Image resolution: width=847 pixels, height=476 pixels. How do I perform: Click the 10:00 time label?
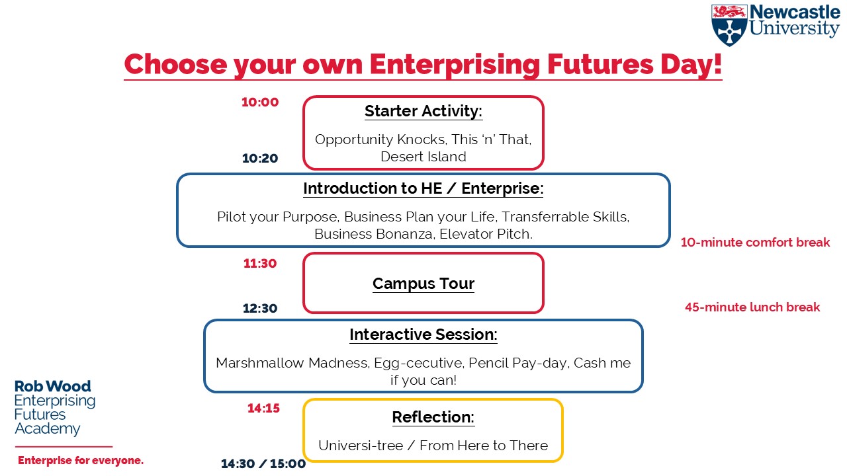[260, 102]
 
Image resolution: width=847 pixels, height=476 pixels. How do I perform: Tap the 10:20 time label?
[260, 158]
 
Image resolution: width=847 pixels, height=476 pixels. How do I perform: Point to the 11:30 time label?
[260, 263]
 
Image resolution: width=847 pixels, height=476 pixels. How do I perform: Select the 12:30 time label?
[260, 308]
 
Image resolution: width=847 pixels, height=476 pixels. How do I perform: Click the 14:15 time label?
[263, 408]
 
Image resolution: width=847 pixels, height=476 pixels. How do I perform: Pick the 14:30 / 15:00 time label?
[263, 463]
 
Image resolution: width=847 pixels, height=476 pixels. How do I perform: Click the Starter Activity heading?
[423, 112]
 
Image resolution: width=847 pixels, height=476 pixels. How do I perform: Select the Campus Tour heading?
[423, 284]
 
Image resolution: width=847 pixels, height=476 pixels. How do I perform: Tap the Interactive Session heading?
[423, 335]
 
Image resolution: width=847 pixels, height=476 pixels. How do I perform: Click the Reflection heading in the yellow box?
[433, 417]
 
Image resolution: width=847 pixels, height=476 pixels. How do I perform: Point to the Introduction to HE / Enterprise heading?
[423, 188]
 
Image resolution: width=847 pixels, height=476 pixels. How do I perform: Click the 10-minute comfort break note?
[756, 242]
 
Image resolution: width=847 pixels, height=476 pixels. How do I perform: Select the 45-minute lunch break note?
[752, 307]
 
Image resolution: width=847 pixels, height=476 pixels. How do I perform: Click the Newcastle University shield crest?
[729, 25]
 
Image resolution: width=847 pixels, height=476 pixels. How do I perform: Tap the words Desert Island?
[423, 157]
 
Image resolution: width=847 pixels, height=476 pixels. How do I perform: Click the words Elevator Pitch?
[486, 234]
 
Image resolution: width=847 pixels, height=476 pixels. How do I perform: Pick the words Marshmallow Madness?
[292, 363]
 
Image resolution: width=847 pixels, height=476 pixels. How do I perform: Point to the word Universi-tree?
[361, 446]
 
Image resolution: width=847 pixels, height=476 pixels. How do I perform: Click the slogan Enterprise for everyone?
[81, 461]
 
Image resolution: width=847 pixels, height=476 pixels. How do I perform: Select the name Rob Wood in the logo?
[52, 387]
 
